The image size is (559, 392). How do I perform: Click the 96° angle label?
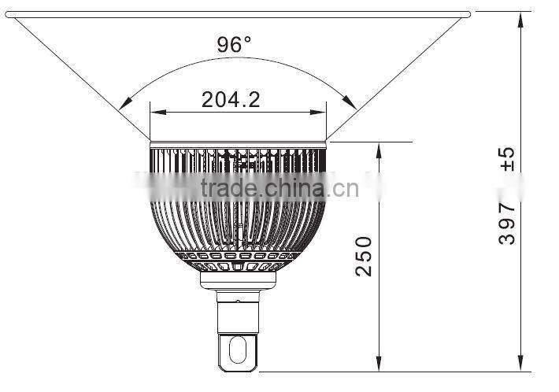tap(234, 44)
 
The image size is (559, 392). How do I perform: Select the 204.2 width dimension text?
tap(231, 99)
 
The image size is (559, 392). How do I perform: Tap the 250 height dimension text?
tap(363, 254)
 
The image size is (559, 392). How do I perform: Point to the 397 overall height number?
tap(508, 223)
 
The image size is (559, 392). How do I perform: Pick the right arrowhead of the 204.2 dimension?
tap(324, 112)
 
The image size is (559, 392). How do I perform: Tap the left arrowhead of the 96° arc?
tap(124, 103)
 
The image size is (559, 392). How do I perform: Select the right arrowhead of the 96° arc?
tap(351, 103)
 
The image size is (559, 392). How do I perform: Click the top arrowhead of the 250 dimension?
tap(379, 147)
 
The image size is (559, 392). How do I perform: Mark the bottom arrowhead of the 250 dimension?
tap(379, 366)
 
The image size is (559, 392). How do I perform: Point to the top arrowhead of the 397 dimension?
tap(520, 17)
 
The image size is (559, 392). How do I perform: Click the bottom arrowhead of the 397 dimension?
tap(520, 366)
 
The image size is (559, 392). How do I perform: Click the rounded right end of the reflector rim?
tap(468, 13)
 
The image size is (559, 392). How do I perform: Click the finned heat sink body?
tap(238, 213)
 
